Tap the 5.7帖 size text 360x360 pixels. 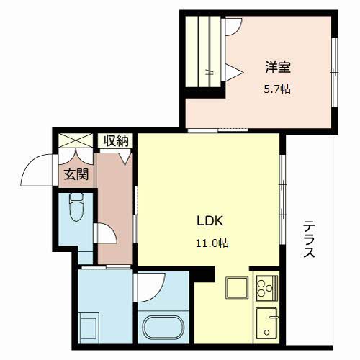point(276,89)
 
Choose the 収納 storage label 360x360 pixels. point(114,141)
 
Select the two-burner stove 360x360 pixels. point(264,289)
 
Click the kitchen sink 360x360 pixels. point(266,321)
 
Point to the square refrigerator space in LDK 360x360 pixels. point(236,288)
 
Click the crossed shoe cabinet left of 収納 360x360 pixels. point(76,142)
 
